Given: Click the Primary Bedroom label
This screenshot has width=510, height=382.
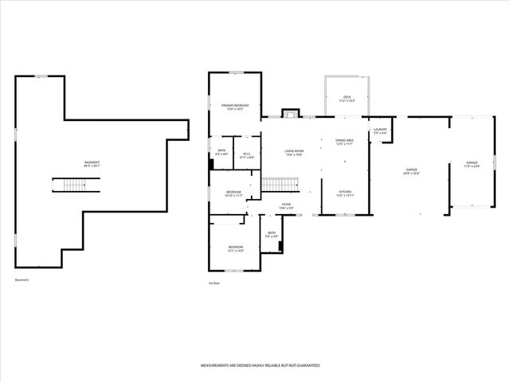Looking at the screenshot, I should (235, 107).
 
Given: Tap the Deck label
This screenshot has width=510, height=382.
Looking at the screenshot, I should (347, 99).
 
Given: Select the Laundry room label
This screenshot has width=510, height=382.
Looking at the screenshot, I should (380, 131).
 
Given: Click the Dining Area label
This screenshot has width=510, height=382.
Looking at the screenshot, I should (345, 142).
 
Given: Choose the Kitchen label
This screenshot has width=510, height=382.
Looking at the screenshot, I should (345, 193).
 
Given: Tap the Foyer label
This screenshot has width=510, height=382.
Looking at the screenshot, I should (285, 207).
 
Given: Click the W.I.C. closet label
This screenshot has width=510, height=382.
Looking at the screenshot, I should (247, 155).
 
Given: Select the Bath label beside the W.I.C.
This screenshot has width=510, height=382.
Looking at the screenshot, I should (222, 152).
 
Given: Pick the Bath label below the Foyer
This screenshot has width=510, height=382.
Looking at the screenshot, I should (272, 235).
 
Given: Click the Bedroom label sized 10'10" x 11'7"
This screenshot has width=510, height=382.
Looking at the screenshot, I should (233, 193).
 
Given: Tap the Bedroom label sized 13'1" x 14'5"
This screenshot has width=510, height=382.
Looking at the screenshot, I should (235, 248).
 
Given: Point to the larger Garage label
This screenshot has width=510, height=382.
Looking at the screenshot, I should (411, 171).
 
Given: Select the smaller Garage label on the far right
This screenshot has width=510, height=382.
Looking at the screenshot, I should (472, 165).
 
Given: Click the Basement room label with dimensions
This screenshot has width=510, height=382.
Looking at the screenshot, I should (92, 164).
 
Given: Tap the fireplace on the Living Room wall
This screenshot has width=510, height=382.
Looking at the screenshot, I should (292, 114).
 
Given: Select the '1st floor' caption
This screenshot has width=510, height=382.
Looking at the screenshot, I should (214, 282).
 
